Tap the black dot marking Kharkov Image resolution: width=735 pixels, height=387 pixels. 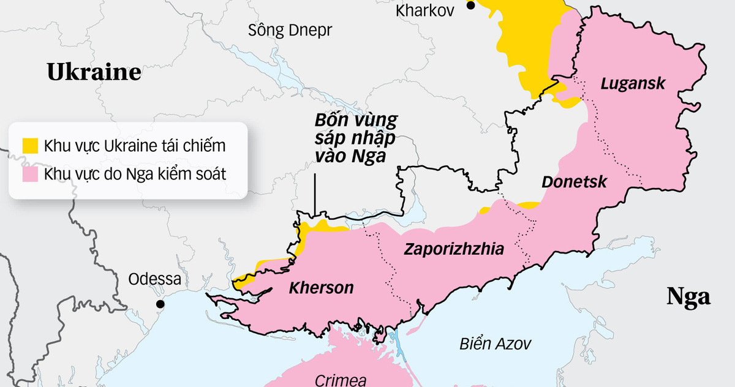tap(470, 6)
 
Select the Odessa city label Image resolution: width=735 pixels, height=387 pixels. tap(154, 280)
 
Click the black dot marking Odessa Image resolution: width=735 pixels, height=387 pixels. tap(160, 304)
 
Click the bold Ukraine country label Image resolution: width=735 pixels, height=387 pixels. tap(94, 72)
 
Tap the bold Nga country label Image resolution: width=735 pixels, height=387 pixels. tap(688, 297)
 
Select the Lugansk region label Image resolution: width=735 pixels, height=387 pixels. tap(633, 84)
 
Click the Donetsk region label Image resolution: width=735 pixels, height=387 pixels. tap(575, 182)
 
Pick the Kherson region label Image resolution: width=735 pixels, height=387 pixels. tap(322, 287)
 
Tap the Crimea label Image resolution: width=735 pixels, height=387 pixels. tap(341, 380)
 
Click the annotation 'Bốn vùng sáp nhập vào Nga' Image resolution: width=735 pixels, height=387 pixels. tap(355, 138)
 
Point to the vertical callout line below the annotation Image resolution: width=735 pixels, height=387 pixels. tap(315, 195)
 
